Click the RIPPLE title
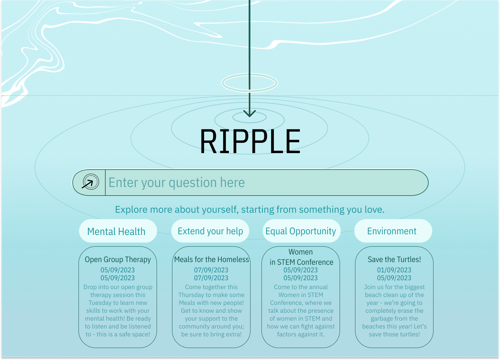pos(250,141)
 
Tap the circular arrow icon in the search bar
pos(90,183)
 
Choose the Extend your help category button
pos(210,231)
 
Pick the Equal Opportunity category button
pos(301,231)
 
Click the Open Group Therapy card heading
pos(118,259)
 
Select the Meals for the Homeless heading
pos(211,259)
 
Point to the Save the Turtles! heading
pos(394,259)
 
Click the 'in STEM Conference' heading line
pos(301,262)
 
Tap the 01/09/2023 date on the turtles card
pos(394,270)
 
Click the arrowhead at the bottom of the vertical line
pos(249,113)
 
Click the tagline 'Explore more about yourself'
pos(249,209)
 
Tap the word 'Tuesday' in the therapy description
pos(100,303)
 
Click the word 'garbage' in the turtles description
pos(382,319)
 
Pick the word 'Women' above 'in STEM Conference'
pos(301,252)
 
